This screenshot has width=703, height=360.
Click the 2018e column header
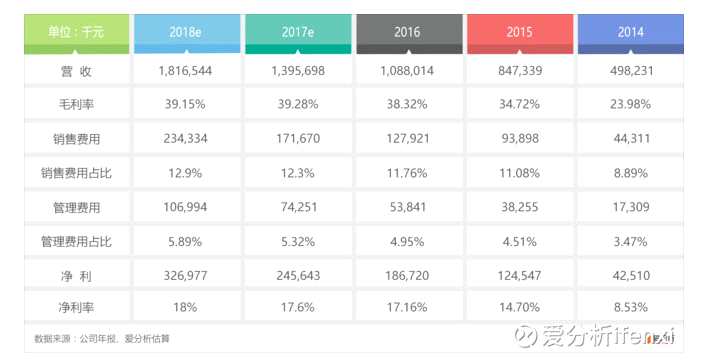point(185,32)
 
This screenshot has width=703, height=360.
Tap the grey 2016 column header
point(407,32)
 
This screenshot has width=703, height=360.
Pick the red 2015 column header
point(518,32)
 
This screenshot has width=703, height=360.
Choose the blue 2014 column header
point(630,32)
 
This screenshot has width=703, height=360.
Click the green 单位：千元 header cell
point(75,32)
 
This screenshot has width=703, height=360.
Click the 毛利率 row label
point(75,104)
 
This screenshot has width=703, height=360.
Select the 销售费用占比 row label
point(75,173)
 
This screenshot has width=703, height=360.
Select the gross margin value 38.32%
point(407,104)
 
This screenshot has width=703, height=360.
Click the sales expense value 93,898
point(518,139)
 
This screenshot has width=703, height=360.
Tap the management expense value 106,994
point(185,207)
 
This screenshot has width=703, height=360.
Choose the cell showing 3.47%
point(630,242)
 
